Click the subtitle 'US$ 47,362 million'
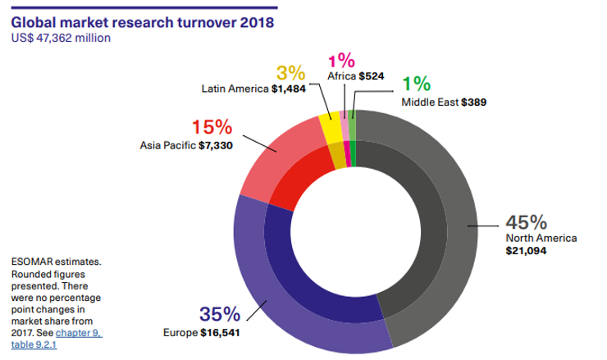click(61, 37)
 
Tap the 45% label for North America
click(526, 222)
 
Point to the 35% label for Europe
click(220, 314)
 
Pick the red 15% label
click(212, 128)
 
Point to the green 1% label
click(416, 84)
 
